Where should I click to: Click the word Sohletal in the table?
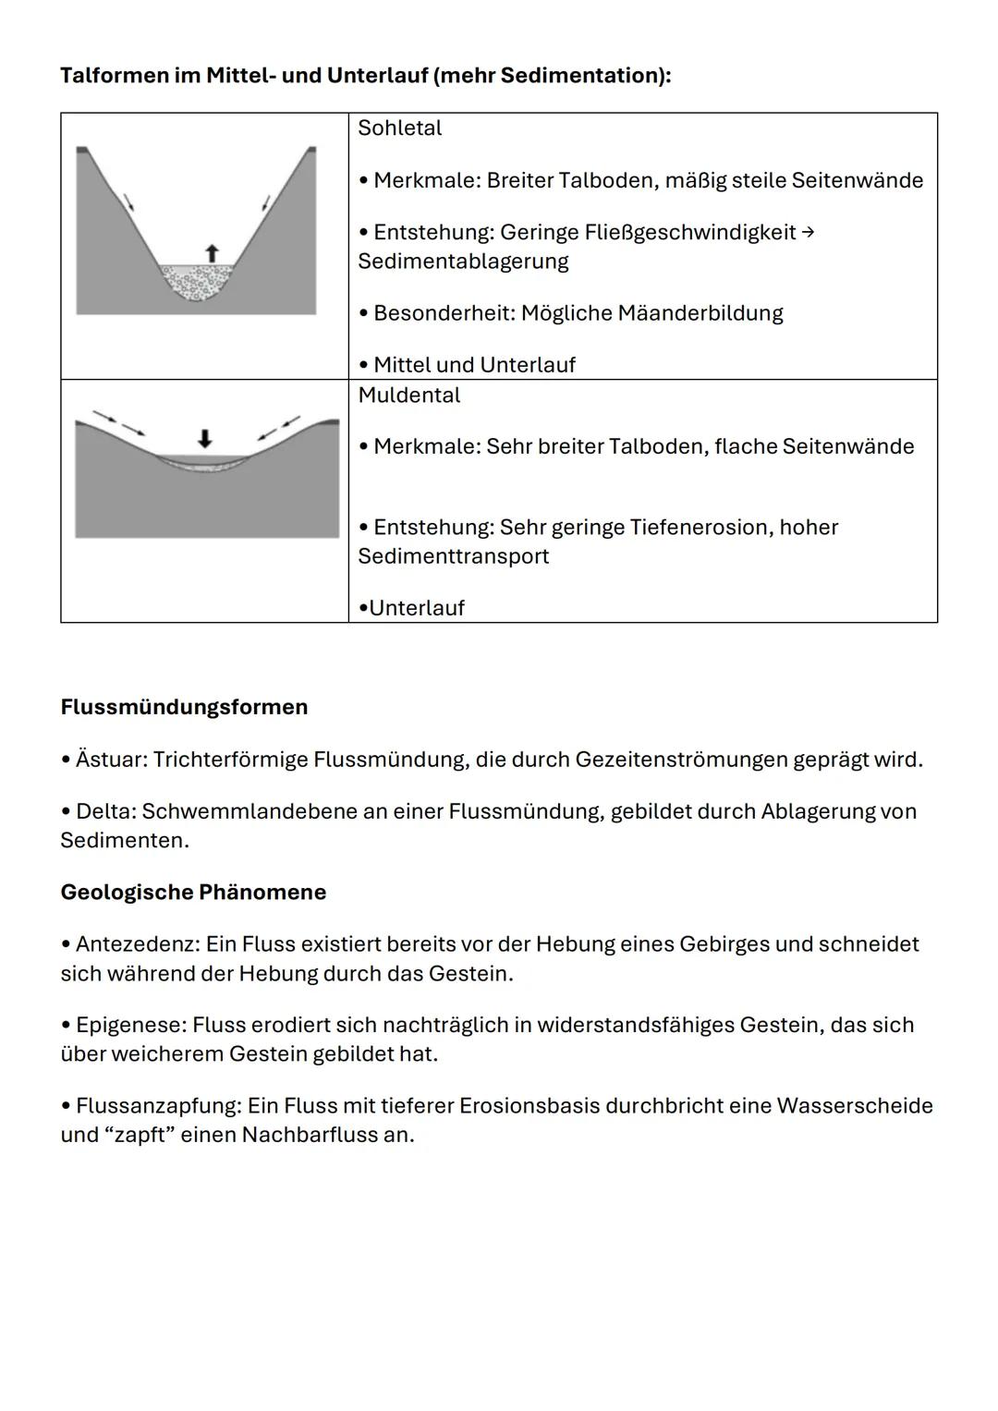(x=399, y=128)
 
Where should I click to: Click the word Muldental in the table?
(x=408, y=395)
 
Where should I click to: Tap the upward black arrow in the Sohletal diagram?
(x=212, y=252)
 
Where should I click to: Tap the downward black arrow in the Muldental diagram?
(x=205, y=437)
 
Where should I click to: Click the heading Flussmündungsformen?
(x=184, y=707)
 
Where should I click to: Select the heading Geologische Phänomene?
(x=193, y=892)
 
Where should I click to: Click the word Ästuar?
(x=111, y=760)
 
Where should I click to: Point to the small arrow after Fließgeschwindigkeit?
(x=807, y=232)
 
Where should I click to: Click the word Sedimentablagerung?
(x=463, y=262)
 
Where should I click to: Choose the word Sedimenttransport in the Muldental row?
(x=453, y=556)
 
